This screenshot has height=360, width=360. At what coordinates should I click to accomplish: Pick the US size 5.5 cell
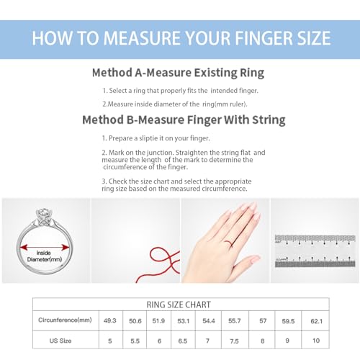[135, 341]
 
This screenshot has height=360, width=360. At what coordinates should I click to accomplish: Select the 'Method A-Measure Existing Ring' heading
[178, 73]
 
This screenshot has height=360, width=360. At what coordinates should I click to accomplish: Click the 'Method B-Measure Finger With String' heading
[184, 120]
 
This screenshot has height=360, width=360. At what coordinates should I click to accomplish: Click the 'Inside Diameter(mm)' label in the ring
[45, 256]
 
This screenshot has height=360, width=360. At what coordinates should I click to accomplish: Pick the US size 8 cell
[262, 341]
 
